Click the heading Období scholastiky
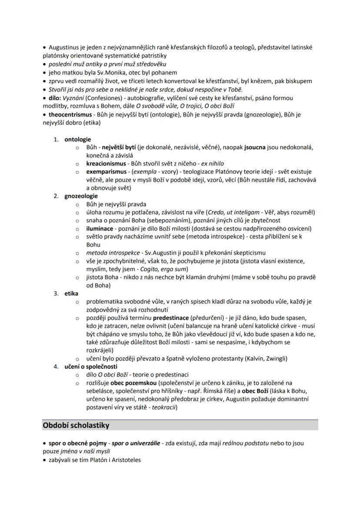tap(76, 425)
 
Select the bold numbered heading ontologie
tap(78, 140)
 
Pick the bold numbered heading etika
tap(71, 293)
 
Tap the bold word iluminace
tap(100, 228)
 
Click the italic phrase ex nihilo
tap(210, 164)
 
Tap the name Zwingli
tap(273, 359)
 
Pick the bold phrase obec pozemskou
tap(134, 383)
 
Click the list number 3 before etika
tap(56, 293)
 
